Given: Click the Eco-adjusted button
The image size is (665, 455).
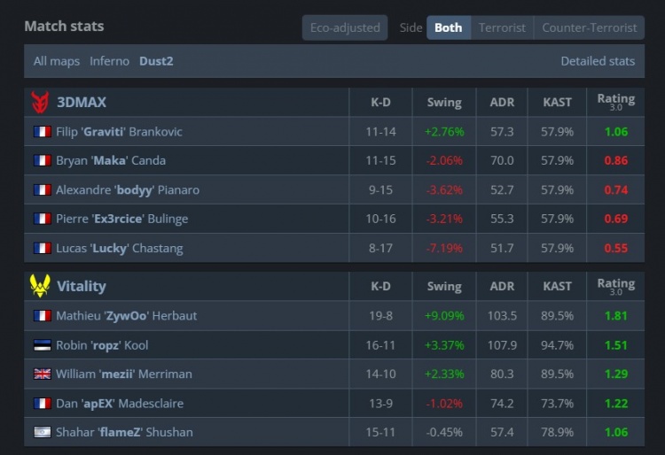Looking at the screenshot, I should click(345, 27).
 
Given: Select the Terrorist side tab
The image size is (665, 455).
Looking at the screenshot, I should click(502, 27).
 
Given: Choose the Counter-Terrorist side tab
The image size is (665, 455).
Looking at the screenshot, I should click(589, 27).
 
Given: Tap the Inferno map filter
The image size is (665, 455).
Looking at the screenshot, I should click(109, 61).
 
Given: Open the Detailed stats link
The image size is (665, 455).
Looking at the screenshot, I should click(598, 61).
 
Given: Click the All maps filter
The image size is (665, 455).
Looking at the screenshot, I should click(57, 61).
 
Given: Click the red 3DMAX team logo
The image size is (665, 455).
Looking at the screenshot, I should click(40, 102).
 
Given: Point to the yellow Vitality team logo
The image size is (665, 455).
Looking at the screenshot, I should click(40, 286).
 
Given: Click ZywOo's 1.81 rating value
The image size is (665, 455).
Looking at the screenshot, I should click(615, 316).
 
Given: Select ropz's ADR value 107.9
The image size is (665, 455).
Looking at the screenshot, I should click(502, 345).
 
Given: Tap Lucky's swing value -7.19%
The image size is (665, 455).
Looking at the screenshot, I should click(443, 248).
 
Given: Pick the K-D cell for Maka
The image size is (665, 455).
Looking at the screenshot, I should click(380, 161).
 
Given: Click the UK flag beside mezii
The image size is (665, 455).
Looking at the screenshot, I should click(42, 374).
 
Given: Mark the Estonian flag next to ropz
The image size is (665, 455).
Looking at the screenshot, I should click(42, 345).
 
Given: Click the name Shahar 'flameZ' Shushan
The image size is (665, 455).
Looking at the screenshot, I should click(124, 433).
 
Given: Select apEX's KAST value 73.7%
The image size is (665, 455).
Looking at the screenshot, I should click(557, 404).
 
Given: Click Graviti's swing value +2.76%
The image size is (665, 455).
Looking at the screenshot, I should click(443, 132).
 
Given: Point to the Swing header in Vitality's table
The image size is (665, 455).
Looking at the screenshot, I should click(443, 286).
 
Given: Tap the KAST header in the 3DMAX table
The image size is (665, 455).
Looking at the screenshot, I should click(557, 102).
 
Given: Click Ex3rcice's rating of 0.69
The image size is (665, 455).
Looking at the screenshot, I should click(615, 219).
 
